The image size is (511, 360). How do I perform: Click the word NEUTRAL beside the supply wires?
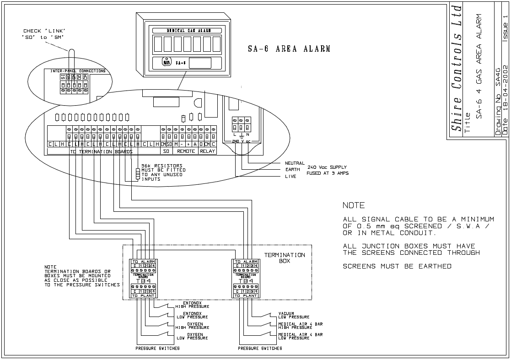(x=295, y=163)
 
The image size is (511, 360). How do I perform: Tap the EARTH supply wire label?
(x=292, y=170)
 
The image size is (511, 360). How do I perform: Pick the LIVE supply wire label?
(x=290, y=177)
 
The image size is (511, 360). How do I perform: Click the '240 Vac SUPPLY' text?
(x=327, y=167)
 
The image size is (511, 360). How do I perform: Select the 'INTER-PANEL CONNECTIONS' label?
(x=78, y=71)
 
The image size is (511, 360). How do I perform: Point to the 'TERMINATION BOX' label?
(x=285, y=258)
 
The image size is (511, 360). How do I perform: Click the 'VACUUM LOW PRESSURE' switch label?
(x=293, y=315)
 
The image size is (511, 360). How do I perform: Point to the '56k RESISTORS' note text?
(x=161, y=166)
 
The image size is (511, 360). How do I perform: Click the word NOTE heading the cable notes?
(x=354, y=205)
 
